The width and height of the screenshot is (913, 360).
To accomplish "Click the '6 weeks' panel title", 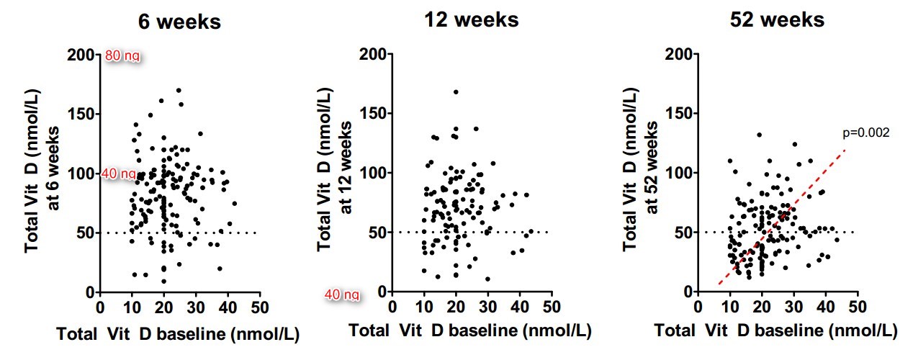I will [x=180, y=22].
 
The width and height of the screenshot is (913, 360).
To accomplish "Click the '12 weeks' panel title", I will [x=471, y=19].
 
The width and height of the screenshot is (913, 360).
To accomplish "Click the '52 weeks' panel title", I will [x=776, y=19].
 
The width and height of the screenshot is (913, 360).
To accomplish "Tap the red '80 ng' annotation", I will [x=122, y=55].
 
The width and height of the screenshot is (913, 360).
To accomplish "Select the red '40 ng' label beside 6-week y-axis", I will [x=118, y=174].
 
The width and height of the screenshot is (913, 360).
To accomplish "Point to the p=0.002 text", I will [x=866, y=133].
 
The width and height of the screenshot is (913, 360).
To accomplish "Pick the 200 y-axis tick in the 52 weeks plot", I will [x=679, y=54].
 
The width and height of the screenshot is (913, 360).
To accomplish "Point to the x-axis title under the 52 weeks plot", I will [x=776, y=331].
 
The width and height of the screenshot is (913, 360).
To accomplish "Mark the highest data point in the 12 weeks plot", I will [x=456, y=92].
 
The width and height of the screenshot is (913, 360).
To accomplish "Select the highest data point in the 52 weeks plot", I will [x=759, y=135].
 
